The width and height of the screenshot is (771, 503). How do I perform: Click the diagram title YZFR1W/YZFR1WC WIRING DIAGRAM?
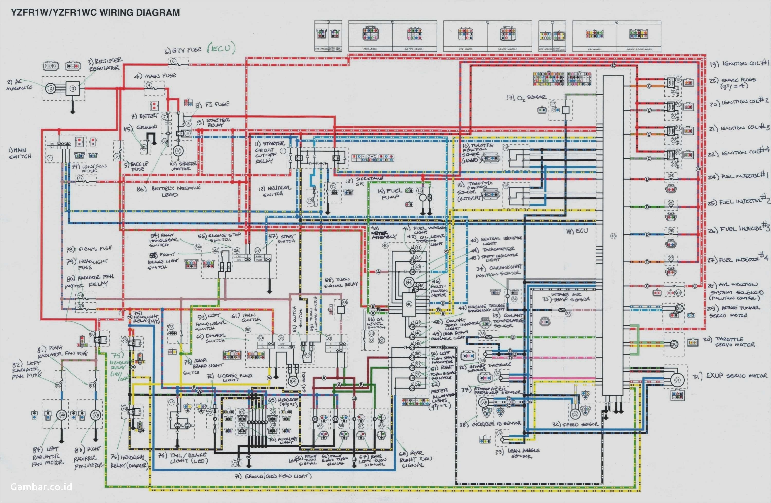pyautogui.click(x=95, y=13)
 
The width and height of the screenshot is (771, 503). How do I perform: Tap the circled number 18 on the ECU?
pyautogui.click(x=613, y=236)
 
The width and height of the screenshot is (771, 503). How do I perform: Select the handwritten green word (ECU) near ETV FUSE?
pyautogui.click(x=221, y=48)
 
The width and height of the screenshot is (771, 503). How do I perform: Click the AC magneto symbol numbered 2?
pyautogui.click(x=51, y=88)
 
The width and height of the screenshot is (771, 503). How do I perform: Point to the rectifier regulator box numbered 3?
pyautogui.click(x=72, y=88)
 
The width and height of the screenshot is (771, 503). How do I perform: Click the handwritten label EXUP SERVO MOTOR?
pyautogui.click(x=730, y=376)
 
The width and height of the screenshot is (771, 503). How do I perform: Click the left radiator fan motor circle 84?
pyautogui.click(x=61, y=415)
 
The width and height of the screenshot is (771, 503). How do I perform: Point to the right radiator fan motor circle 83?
pyautogui.click(x=96, y=415)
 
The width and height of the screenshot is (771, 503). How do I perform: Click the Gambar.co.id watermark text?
pyautogui.click(x=41, y=487)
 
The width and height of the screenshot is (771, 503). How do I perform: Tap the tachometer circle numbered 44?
pyautogui.click(x=409, y=282)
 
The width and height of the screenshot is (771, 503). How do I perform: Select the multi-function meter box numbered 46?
pyautogui.click(x=409, y=304)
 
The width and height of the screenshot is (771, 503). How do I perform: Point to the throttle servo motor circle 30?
pyautogui.click(x=674, y=344)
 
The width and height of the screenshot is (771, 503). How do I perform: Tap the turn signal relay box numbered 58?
pyautogui.click(x=341, y=309)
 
